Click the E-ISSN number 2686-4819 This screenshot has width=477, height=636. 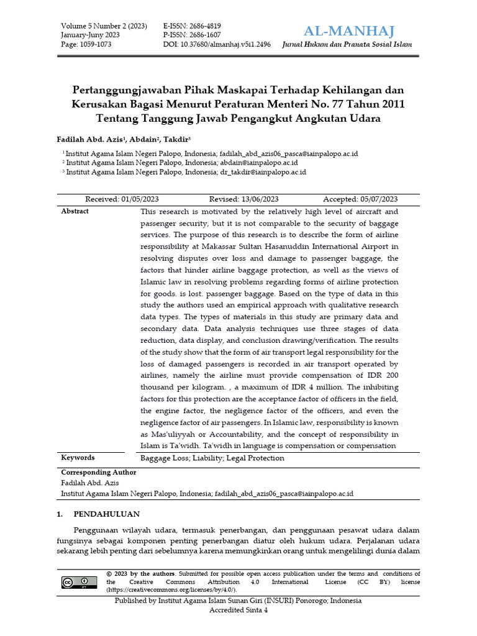tap(192, 26)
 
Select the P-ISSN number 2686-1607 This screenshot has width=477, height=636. tap(192, 35)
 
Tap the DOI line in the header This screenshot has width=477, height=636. tap(216, 45)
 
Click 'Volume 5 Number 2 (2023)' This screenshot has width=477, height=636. tap(104, 26)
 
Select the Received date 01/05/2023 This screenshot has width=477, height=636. tap(122, 199)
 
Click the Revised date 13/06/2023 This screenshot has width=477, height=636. tap(243, 199)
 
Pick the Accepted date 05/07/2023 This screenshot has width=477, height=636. tap(360, 199)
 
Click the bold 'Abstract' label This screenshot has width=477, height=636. tap(75, 211)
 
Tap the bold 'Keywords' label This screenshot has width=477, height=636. tap(78, 458)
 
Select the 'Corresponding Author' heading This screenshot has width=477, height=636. tap(98, 472)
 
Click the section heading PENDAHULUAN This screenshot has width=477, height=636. tap(106, 514)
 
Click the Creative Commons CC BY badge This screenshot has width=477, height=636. tap(79, 582)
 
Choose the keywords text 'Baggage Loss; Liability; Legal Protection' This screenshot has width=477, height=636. tap(212, 458)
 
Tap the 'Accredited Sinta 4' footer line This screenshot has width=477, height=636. tap(238, 611)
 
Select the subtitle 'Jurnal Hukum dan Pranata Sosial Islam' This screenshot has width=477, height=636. tap(347, 45)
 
